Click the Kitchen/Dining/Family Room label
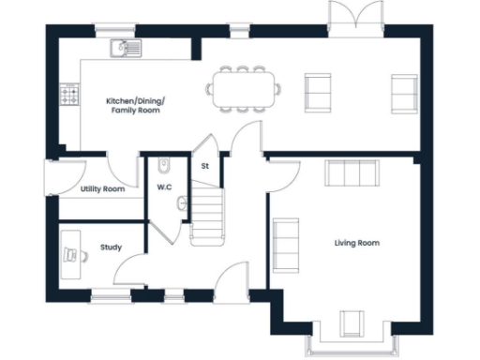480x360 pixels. click(132, 104)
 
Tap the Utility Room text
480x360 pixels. click(102, 189)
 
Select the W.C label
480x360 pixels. click(164, 187)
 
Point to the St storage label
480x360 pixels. click(204, 167)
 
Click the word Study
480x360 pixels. click(111, 248)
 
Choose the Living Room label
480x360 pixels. click(356, 243)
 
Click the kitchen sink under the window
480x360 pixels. click(123, 47)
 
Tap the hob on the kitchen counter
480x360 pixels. click(69, 94)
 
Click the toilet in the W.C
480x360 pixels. click(164, 166)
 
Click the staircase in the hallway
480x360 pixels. click(206, 216)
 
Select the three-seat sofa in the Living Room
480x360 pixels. click(351, 174)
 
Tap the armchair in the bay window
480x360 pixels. click(353, 322)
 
